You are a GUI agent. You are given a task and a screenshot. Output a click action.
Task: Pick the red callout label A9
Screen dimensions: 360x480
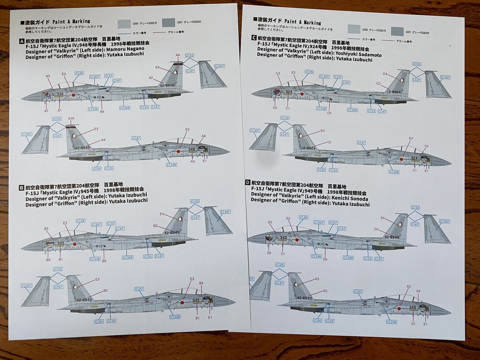pos(178,55)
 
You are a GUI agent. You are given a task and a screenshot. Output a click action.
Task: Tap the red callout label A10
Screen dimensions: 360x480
pos(71,119)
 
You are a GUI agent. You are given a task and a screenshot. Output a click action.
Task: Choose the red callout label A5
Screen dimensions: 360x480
pos(48,76)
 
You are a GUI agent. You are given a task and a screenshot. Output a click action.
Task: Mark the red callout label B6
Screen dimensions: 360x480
pos(104,261)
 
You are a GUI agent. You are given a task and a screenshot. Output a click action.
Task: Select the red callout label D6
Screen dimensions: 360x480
pos(325,259)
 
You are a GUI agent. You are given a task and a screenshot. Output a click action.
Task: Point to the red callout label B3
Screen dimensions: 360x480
pos(46,229)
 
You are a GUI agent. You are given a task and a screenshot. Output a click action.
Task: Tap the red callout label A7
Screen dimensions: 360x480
pos(46,111)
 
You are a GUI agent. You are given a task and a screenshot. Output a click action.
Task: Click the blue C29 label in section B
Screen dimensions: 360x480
pos(80,221)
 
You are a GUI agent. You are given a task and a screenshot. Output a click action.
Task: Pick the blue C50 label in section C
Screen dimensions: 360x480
pos(321,170)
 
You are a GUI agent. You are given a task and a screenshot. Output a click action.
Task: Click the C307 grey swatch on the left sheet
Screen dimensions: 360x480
pos(169,22)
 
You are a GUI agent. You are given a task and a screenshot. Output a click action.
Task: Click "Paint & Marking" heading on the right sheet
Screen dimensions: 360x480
pos(302,22)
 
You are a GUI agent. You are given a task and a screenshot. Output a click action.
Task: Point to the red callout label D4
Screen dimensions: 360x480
pos(418,291)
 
